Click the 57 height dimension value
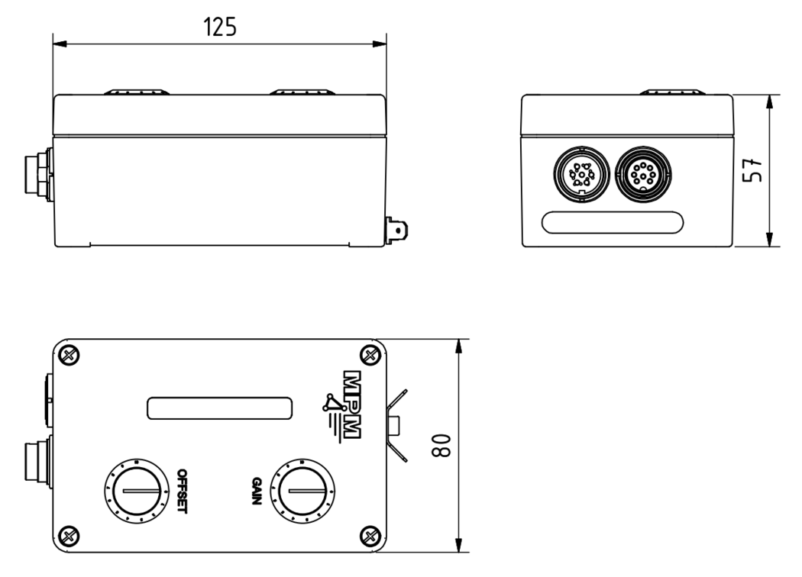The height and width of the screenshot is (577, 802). tap(752, 170)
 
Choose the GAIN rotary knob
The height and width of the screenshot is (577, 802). tap(302, 490)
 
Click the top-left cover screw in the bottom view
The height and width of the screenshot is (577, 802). tap(70, 353)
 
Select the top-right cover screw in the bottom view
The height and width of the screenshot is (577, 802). tap(370, 353)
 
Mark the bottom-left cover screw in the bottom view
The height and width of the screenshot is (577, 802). tap(70, 533)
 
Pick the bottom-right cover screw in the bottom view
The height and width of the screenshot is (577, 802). tap(370, 533)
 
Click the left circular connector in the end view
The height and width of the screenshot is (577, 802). tap(580, 174)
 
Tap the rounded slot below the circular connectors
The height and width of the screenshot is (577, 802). tap(613, 223)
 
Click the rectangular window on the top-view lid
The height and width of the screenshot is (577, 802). tap(220, 408)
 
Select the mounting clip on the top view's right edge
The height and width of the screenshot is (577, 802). tap(397, 424)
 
